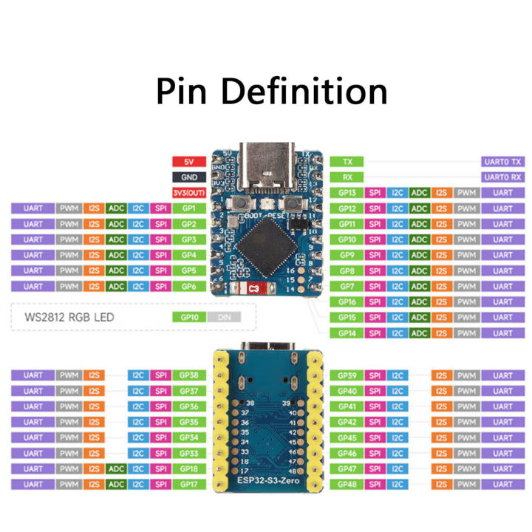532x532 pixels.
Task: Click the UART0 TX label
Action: (502, 161)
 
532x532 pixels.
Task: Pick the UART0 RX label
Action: (502, 177)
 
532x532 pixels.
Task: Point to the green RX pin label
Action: (347, 177)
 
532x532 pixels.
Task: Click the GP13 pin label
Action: (347, 193)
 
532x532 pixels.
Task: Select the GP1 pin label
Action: (188, 208)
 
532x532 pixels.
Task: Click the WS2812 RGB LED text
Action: (71, 318)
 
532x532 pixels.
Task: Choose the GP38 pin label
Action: (188, 375)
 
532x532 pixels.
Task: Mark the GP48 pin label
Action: (347, 484)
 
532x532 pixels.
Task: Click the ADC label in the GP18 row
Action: (116, 468)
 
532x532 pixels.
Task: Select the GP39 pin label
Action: (347, 375)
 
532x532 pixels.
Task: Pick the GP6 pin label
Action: (188, 286)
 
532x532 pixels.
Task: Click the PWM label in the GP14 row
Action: (465, 333)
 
